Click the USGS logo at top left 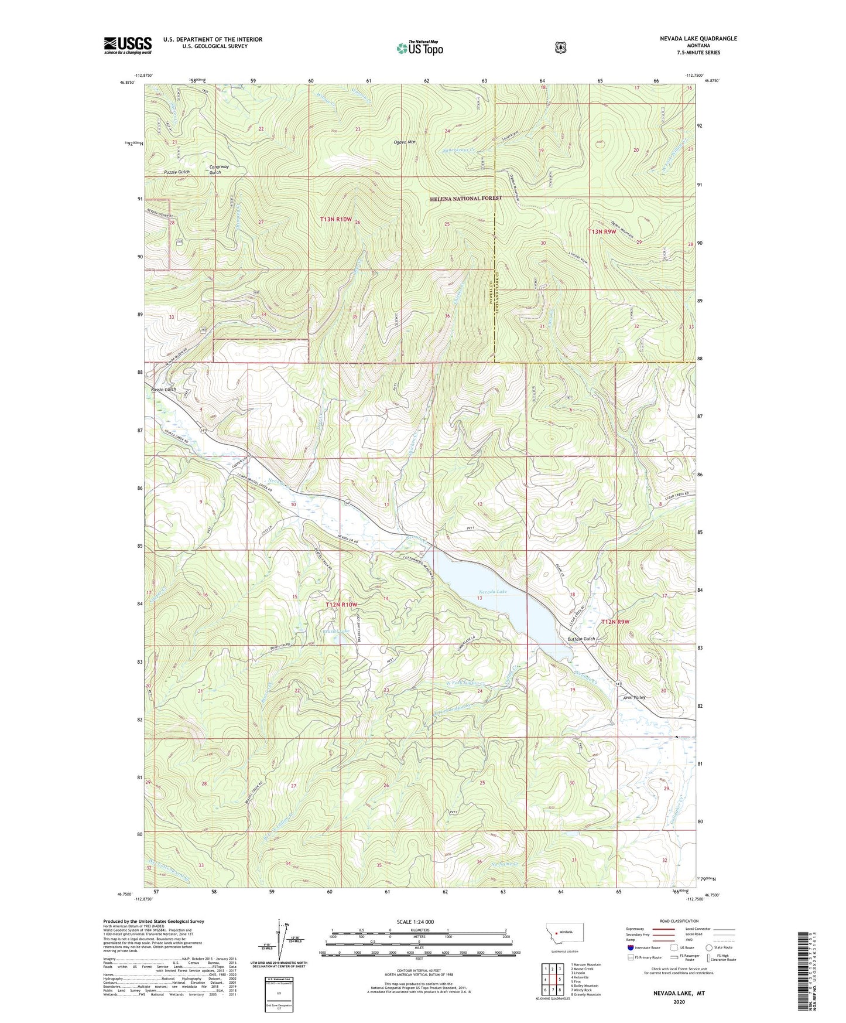pos(128,45)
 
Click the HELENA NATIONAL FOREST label pos(466,198)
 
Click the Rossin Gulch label pos(163,390)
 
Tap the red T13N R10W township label pos(336,219)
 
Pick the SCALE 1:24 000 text pos(415,922)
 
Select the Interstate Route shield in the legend pos(630,947)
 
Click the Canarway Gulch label pos(215,169)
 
